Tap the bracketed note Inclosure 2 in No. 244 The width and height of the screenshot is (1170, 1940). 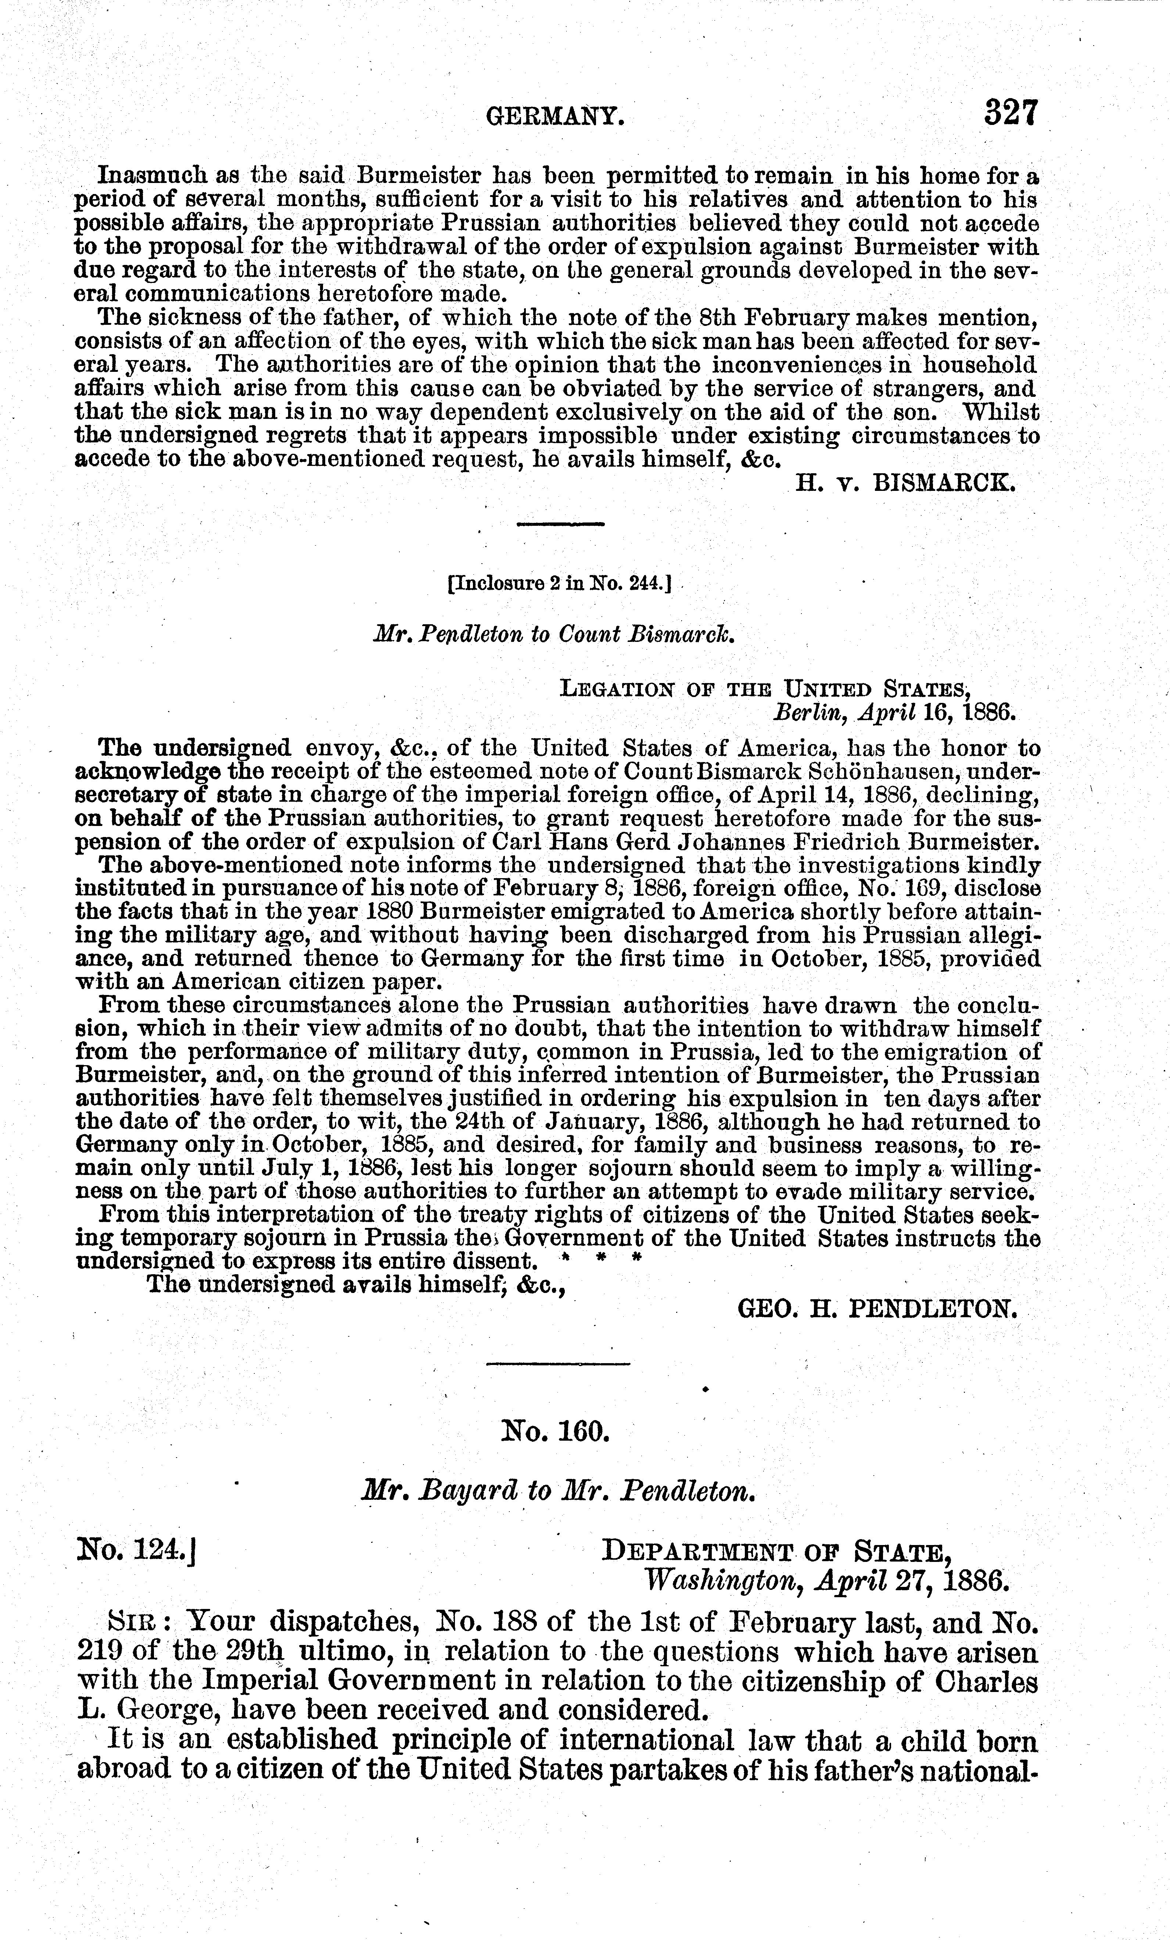tap(559, 584)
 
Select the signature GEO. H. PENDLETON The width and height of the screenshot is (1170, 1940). tap(877, 1308)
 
